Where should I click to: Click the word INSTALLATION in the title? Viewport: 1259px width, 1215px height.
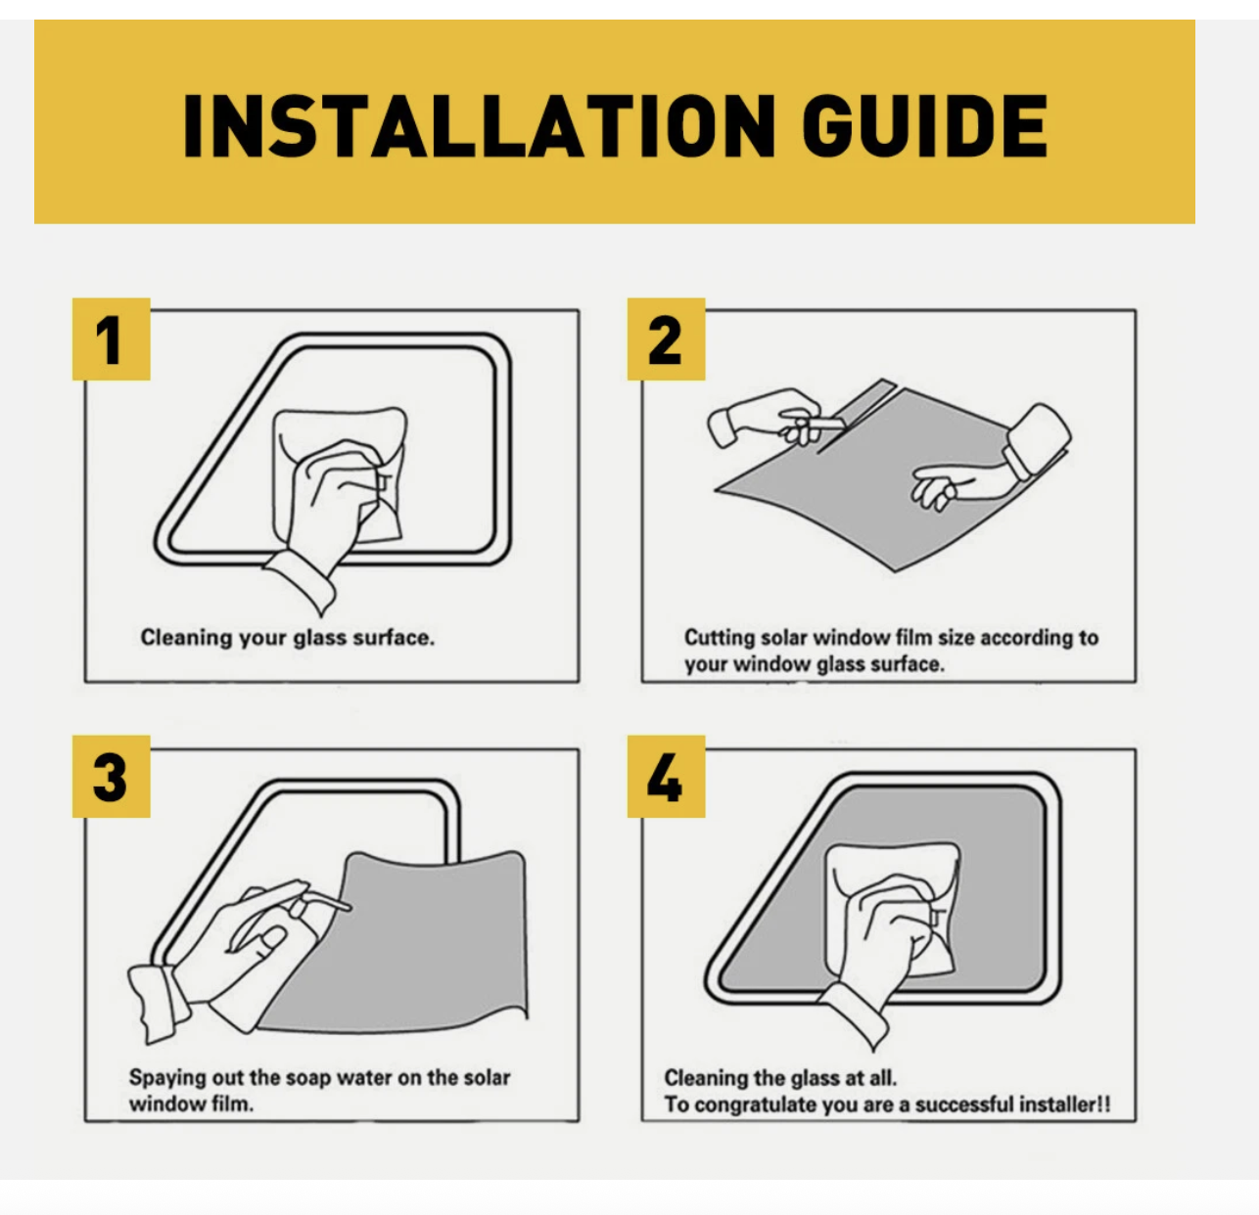pyautogui.click(x=480, y=126)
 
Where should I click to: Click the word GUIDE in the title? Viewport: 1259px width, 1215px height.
pyautogui.click(x=925, y=126)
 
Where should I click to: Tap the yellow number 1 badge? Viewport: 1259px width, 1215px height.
pyautogui.click(x=112, y=338)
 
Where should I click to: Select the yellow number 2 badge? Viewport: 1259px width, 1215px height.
pyautogui.click(x=667, y=338)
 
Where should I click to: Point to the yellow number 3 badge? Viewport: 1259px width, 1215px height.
pyautogui.click(x=112, y=777)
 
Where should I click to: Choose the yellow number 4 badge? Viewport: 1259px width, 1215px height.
pyautogui.click(x=667, y=777)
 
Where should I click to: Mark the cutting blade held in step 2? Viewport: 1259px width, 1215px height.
pyautogui.click(x=829, y=423)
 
